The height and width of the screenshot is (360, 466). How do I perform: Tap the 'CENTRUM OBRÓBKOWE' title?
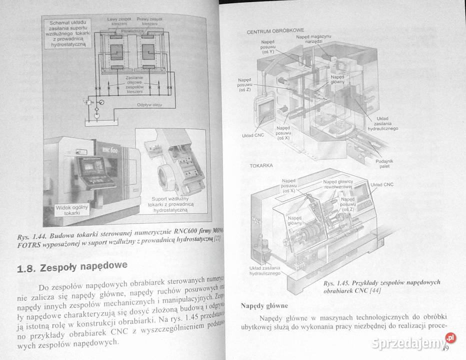[275, 31]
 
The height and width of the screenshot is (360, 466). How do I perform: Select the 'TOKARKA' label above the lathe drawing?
[260, 164]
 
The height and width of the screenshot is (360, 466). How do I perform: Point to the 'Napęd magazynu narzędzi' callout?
[313, 39]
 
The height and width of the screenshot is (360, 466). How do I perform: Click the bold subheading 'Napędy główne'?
[264, 305]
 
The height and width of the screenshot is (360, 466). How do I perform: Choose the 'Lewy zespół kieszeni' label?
[119, 21]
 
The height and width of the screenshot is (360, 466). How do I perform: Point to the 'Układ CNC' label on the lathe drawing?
[382, 184]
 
